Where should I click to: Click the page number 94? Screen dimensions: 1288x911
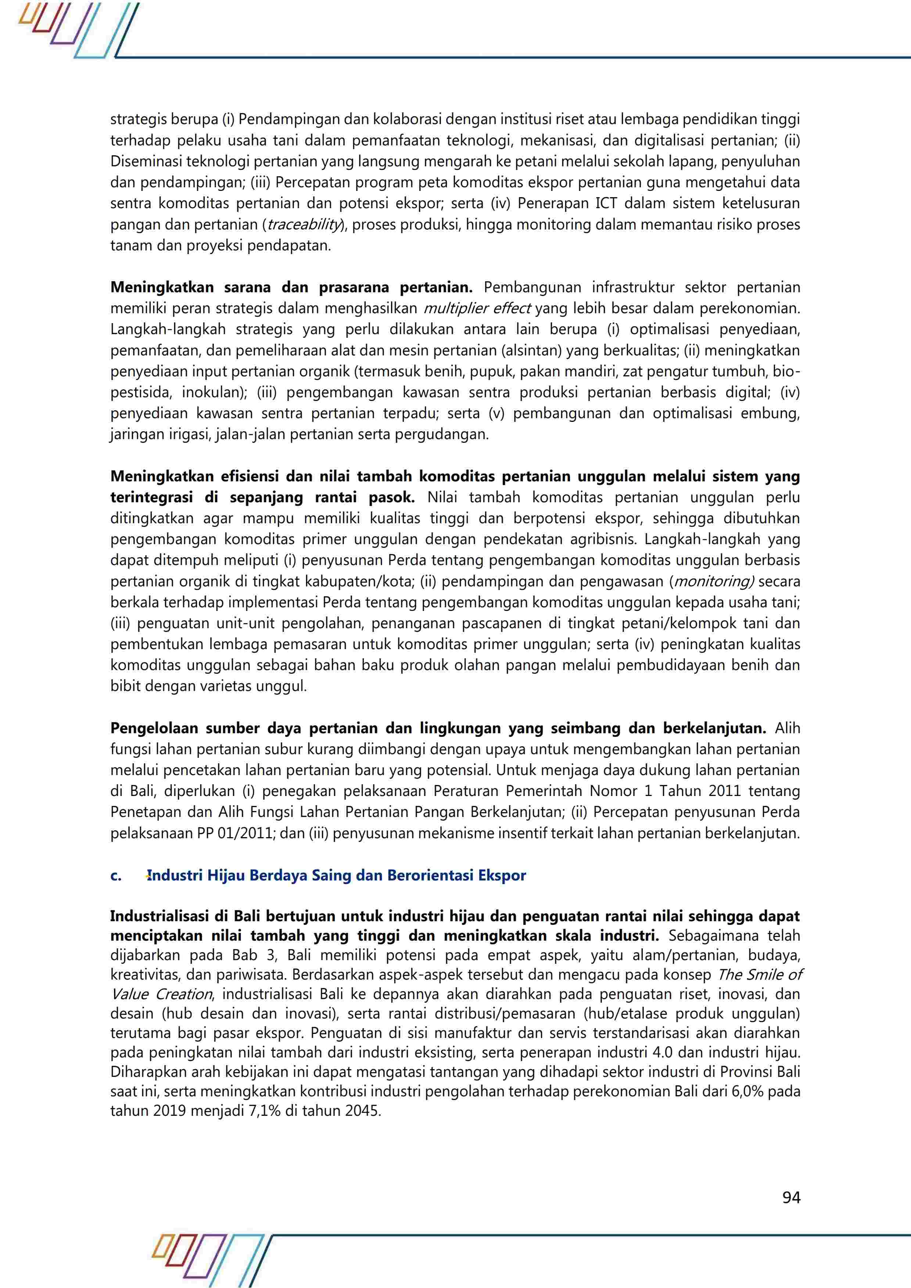(x=791, y=1198)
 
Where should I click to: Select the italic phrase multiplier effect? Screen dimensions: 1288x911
(x=477, y=308)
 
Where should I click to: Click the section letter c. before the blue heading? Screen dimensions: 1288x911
(x=116, y=876)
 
